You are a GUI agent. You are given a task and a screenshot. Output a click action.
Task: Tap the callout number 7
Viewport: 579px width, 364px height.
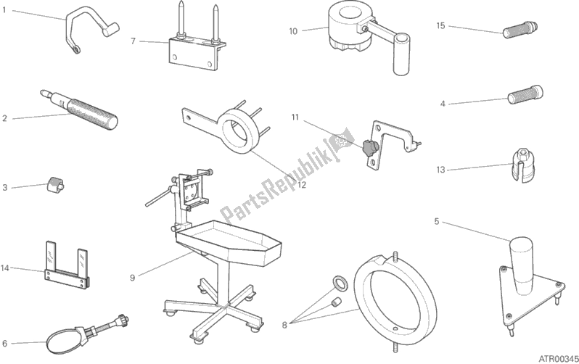point(133,41)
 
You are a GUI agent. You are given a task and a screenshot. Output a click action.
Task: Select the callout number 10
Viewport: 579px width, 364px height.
point(293,30)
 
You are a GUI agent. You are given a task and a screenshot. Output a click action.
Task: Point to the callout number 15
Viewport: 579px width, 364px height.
point(440,25)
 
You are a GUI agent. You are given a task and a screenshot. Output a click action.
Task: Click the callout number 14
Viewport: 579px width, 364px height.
point(6,269)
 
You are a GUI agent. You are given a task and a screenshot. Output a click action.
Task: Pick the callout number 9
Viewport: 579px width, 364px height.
point(133,276)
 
